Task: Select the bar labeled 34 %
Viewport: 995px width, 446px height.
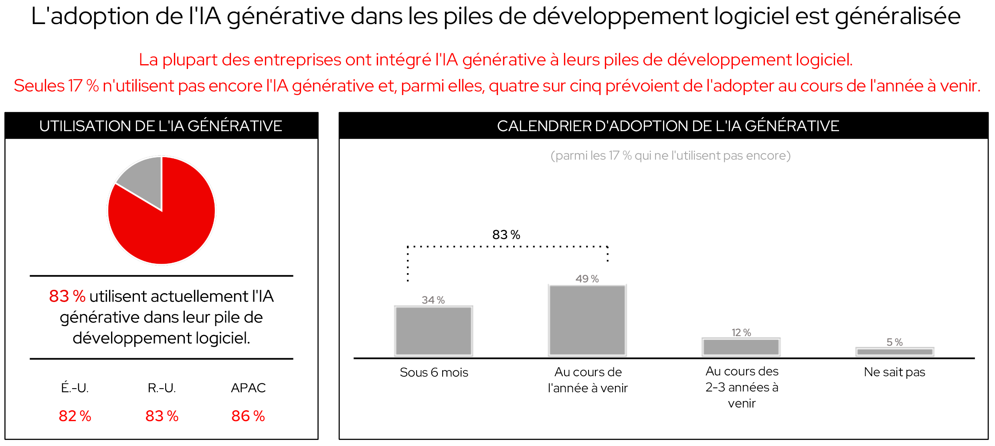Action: point(433,331)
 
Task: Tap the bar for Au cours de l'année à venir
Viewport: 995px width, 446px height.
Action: point(587,320)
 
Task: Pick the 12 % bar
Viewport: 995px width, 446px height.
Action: point(741,347)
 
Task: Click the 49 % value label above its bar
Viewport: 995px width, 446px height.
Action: point(587,279)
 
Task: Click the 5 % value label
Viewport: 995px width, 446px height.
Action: point(894,342)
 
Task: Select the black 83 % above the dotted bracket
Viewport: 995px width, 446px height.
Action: point(506,235)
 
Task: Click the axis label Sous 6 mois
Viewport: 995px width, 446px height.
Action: point(434,372)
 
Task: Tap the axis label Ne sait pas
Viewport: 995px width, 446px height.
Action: point(894,372)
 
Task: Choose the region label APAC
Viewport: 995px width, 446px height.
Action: point(248,388)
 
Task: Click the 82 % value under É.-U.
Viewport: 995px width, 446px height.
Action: point(75,416)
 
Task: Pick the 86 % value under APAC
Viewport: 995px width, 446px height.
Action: point(248,416)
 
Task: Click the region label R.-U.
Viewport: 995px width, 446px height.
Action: point(162,388)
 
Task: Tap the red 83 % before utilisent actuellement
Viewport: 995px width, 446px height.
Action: point(67,296)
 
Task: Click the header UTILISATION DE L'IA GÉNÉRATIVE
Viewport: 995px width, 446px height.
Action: point(161,126)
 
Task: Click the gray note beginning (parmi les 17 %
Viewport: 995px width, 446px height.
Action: point(670,156)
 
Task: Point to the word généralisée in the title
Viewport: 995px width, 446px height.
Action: point(898,17)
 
